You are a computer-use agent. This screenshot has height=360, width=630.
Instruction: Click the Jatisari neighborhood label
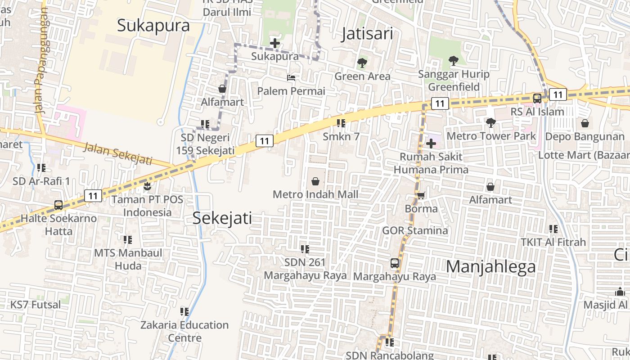tap(367, 34)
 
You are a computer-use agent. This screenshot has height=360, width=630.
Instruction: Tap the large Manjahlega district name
tap(491, 266)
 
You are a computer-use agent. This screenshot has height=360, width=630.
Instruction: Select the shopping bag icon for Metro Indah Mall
tap(315, 181)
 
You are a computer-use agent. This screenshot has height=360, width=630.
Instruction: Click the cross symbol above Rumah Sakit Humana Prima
tap(431, 144)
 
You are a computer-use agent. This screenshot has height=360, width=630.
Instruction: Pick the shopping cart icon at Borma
tap(421, 195)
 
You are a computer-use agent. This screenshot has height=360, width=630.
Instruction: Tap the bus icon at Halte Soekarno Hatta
tap(58, 205)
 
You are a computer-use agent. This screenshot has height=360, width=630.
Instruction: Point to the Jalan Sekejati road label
tap(117, 153)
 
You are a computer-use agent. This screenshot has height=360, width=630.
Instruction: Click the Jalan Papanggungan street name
tap(40, 60)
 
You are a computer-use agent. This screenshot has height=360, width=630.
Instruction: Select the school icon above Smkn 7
tap(341, 123)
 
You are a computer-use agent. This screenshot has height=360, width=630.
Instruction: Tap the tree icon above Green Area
tap(362, 63)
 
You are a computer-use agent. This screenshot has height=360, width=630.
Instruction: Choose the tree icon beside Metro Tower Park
tap(491, 122)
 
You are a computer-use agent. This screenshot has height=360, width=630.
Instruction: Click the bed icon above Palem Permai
tap(291, 78)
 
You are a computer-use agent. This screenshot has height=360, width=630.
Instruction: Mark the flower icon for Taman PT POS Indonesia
tap(147, 185)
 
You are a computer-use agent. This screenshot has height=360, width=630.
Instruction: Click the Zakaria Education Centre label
tap(184, 331)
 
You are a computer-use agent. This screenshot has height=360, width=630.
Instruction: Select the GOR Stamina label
tap(415, 230)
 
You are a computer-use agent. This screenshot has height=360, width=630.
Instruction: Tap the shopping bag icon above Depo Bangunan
tap(585, 123)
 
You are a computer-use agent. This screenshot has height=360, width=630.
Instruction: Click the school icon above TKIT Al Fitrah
tap(553, 229)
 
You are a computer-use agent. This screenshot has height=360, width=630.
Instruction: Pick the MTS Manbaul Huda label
tap(128, 259)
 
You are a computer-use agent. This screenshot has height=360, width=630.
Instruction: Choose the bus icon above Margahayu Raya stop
tap(395, 263)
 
